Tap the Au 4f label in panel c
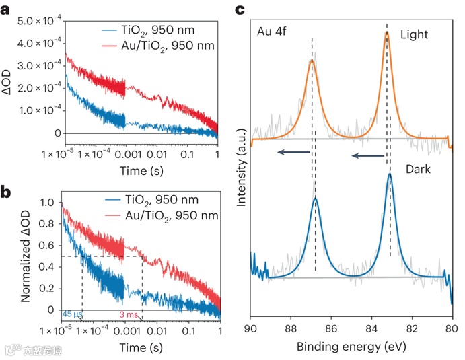pos(273,31)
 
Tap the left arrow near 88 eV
pos(291,154)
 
